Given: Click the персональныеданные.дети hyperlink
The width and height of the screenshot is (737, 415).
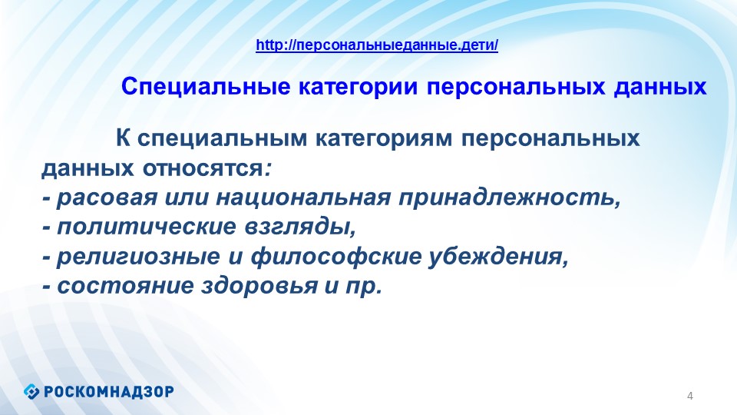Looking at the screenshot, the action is click(377, 45).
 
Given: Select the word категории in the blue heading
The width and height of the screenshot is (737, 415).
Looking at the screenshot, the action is click(359, 88).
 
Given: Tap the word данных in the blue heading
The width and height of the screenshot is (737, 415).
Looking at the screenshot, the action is click(660, 88).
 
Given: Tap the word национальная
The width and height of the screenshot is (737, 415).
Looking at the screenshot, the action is click(304, 198).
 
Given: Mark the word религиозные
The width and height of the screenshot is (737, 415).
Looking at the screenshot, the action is click(138, 257).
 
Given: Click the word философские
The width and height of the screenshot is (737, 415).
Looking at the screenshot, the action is click(336, 257).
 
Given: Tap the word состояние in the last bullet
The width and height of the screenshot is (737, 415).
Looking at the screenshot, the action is click(125, 286).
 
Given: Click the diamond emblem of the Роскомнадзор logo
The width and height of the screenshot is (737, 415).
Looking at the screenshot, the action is click(31, 391).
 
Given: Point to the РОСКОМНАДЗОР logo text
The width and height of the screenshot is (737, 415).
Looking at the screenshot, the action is click(109, 391).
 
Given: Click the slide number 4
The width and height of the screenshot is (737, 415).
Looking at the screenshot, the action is click(690, 397).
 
